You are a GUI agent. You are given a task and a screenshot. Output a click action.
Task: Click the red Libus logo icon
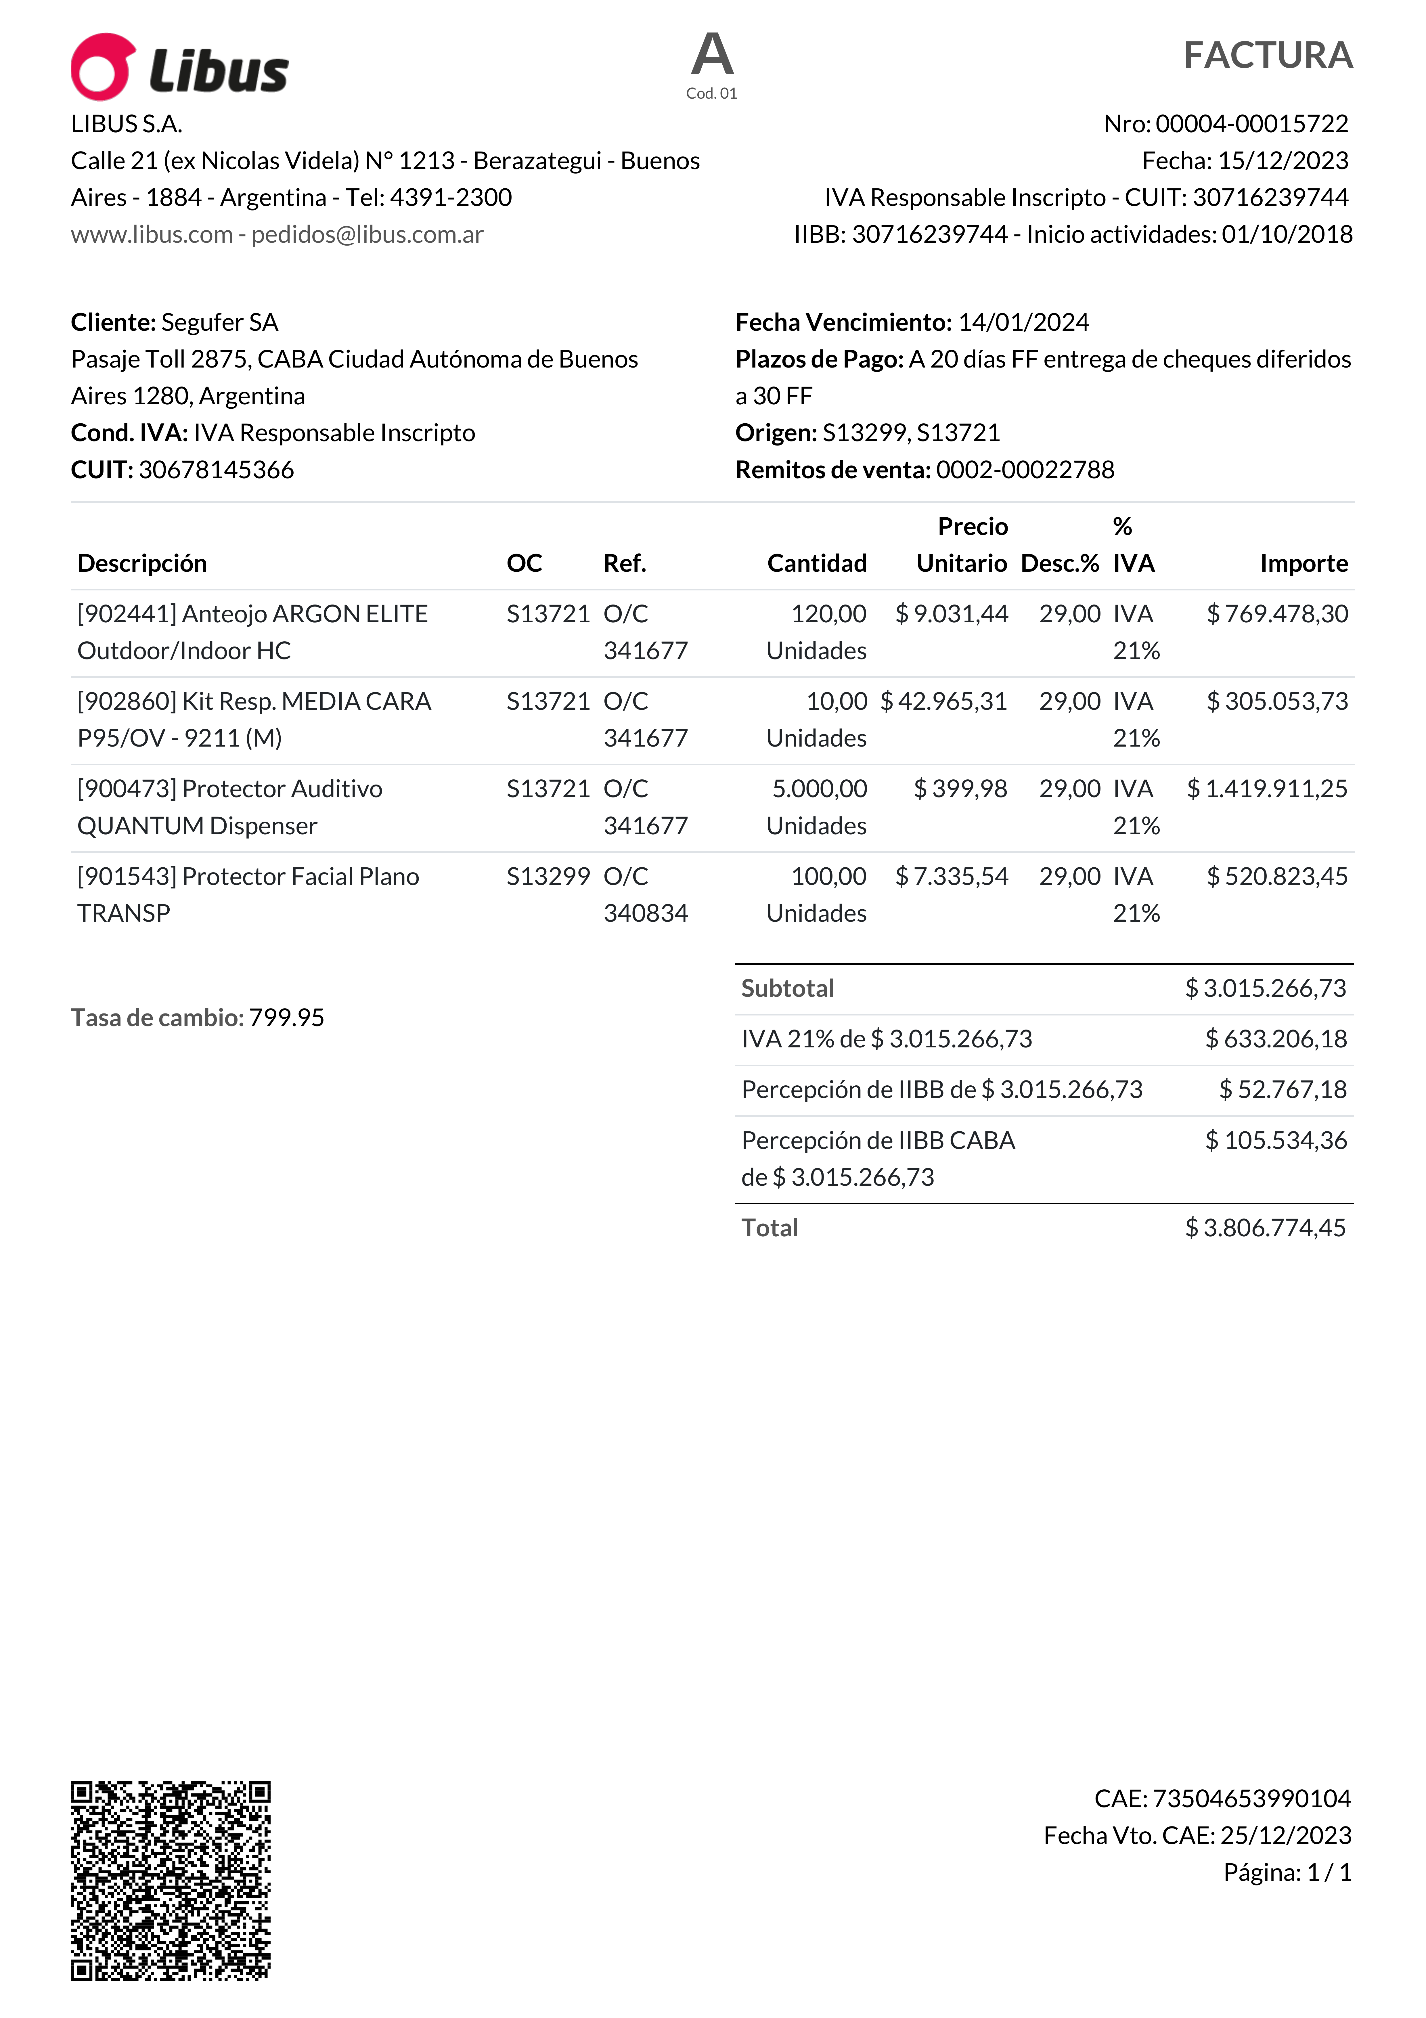click(x=103, y=67)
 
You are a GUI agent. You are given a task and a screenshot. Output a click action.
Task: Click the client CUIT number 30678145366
click(x=216, y=470)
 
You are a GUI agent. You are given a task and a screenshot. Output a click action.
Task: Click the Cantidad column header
click(x=816, y=563)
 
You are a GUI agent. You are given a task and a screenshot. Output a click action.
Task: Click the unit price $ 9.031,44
click(x=952, y=614)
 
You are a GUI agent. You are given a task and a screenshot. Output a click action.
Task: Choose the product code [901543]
click(x=127, y=877)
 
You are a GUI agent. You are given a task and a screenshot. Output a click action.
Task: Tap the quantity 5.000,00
click(x=819, y=789)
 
